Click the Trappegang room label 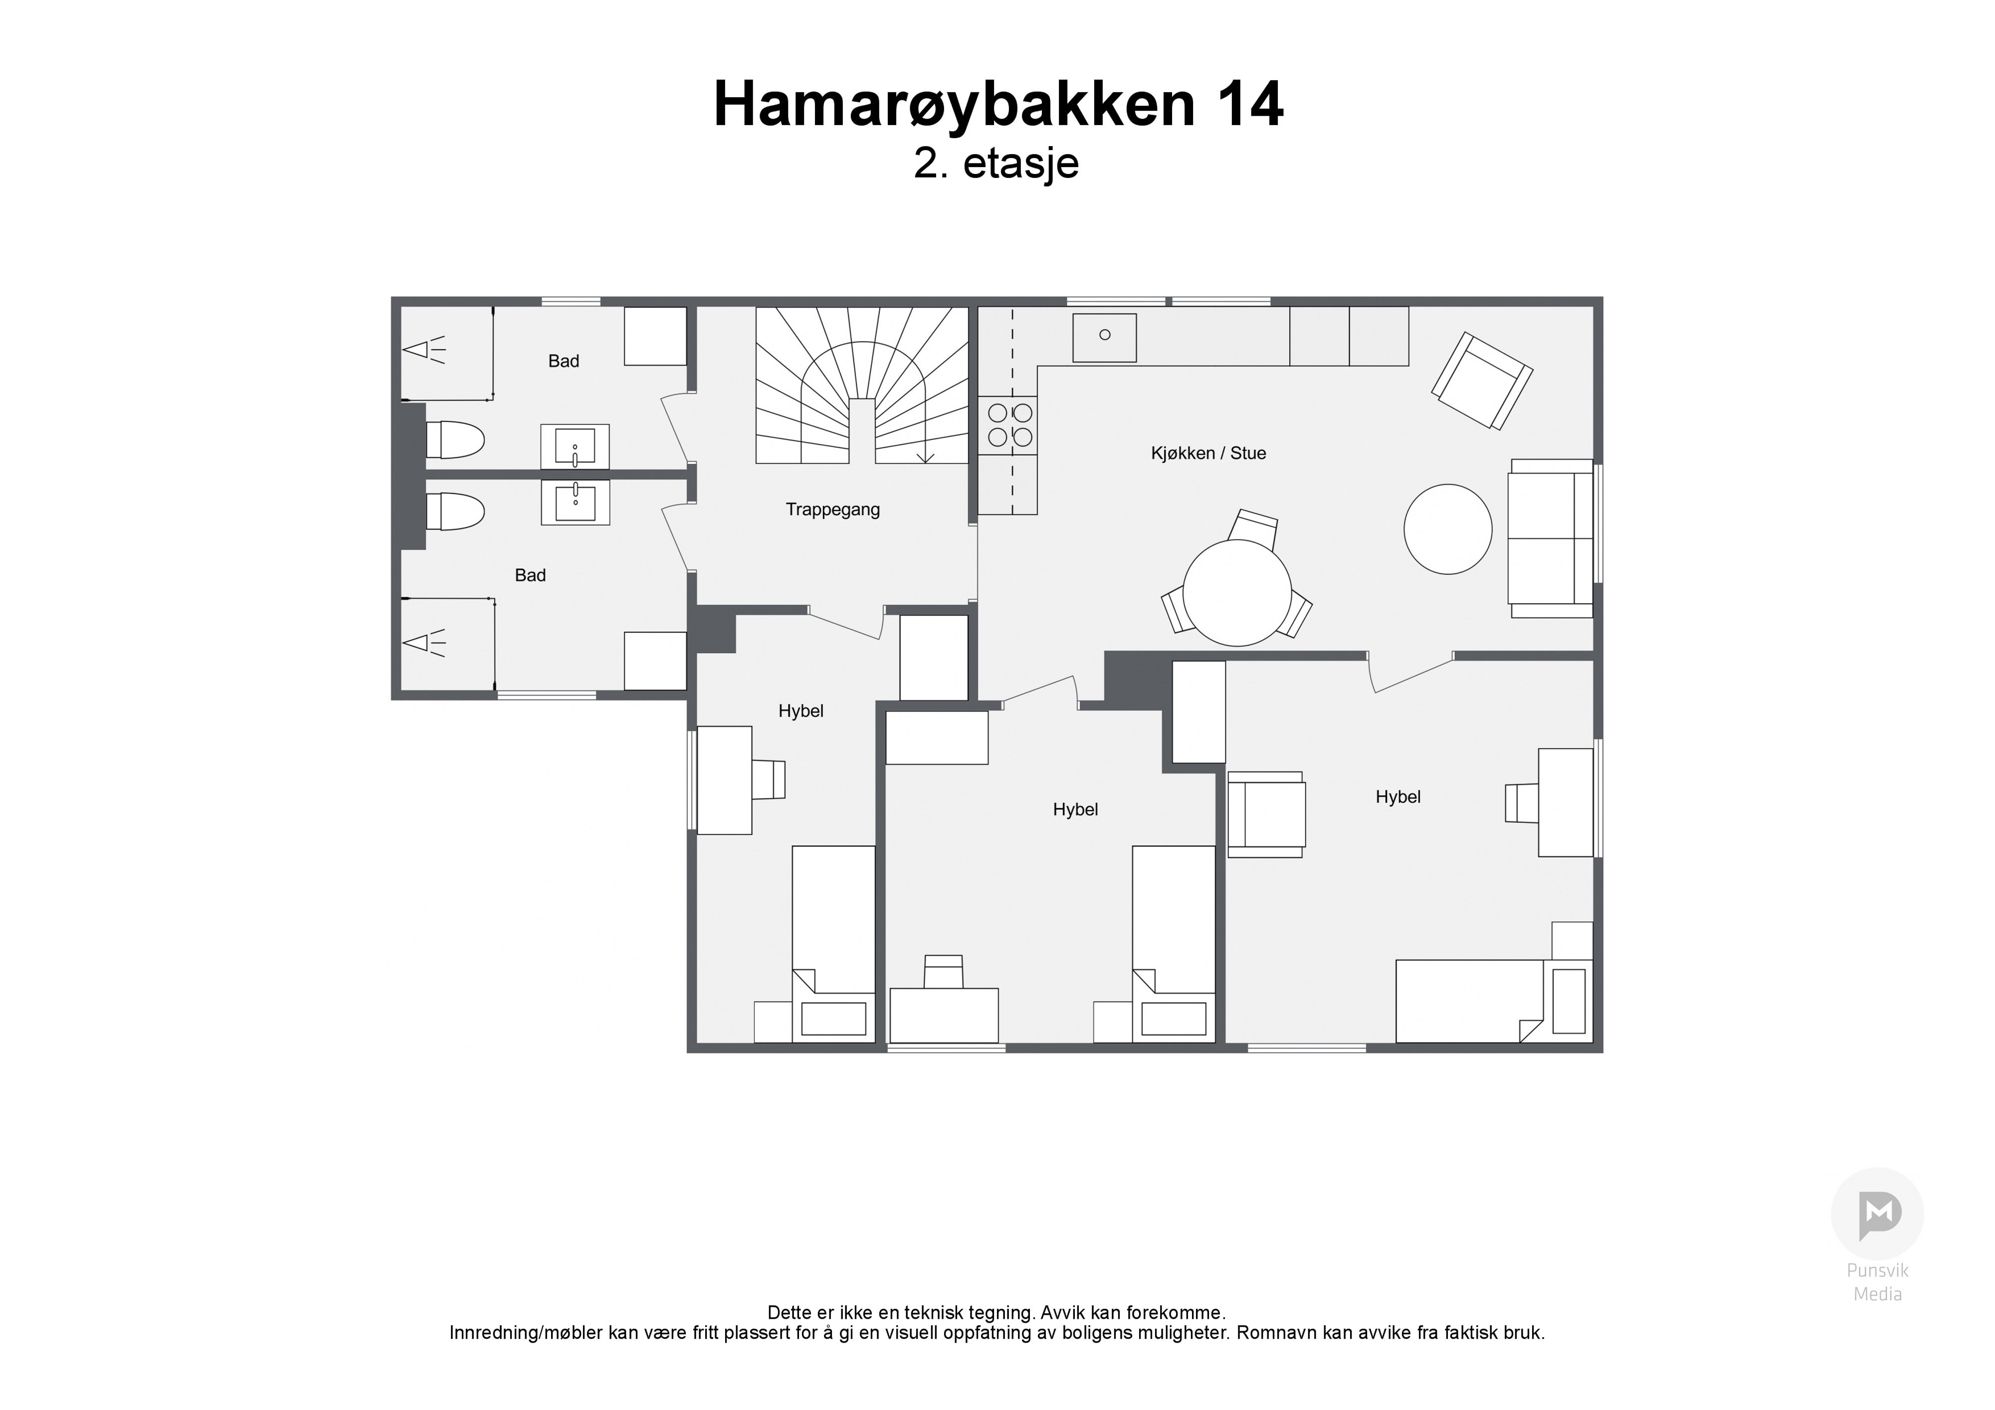(832, 510)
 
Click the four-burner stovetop (1008, 425)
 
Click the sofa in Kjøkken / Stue (1551, 538)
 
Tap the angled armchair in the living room (1482, 380)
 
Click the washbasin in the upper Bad (575, 447)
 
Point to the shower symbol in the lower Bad (424, 643)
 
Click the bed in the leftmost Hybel (833, 944)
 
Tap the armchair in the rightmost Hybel (1265, 815)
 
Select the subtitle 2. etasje (996, 164)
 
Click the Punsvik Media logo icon (1878, 1215)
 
